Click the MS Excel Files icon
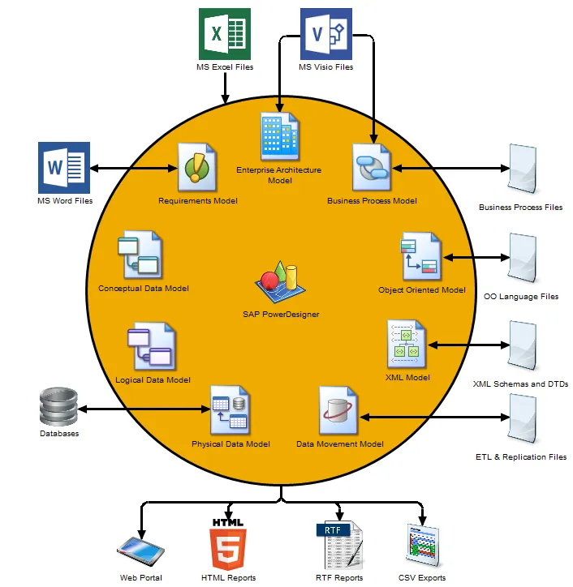[x=225, y=33]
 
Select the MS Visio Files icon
[x=326, y=33]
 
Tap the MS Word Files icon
[x=63, y=168]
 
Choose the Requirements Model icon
[x=198, y=166]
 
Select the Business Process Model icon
[x=372, y=168]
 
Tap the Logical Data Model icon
[x=151, y=347]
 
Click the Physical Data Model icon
[x=230, y=411]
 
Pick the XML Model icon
[x=407, y=345]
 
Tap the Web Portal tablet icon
[x=141, y=551]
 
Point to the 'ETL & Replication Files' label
[x=521, y=457]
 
